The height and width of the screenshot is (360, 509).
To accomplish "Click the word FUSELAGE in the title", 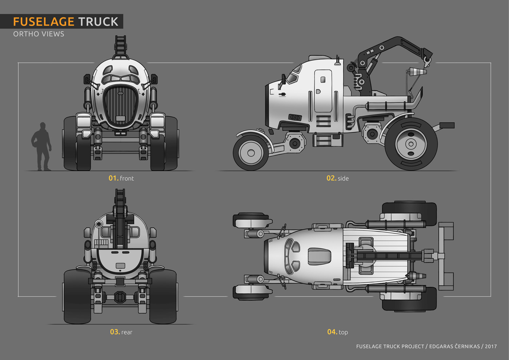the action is (44, 21).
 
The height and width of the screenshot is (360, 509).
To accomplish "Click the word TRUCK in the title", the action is (99, 21).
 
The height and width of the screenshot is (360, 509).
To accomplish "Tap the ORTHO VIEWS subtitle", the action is (39, 34).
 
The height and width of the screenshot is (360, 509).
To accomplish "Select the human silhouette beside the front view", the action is (41, 147).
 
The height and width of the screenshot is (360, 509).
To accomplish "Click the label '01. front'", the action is (121, 178).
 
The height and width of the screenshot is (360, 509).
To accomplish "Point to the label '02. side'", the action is (338, 178).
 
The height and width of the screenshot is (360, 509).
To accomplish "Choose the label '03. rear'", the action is (121, 332).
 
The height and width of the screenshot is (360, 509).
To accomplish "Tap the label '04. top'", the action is (338, 332).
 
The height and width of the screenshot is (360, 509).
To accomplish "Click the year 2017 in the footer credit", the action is (491, 347).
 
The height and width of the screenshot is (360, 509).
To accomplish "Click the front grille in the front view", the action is (121, 106).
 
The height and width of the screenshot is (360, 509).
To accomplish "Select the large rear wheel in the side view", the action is (411, 144).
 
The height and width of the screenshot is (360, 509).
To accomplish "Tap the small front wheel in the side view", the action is (251, 153).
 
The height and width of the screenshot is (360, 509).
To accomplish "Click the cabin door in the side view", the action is (323, 91).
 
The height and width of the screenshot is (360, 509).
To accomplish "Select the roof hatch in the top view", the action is (319, 257).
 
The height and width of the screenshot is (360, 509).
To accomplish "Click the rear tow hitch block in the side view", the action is (447, 125).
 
